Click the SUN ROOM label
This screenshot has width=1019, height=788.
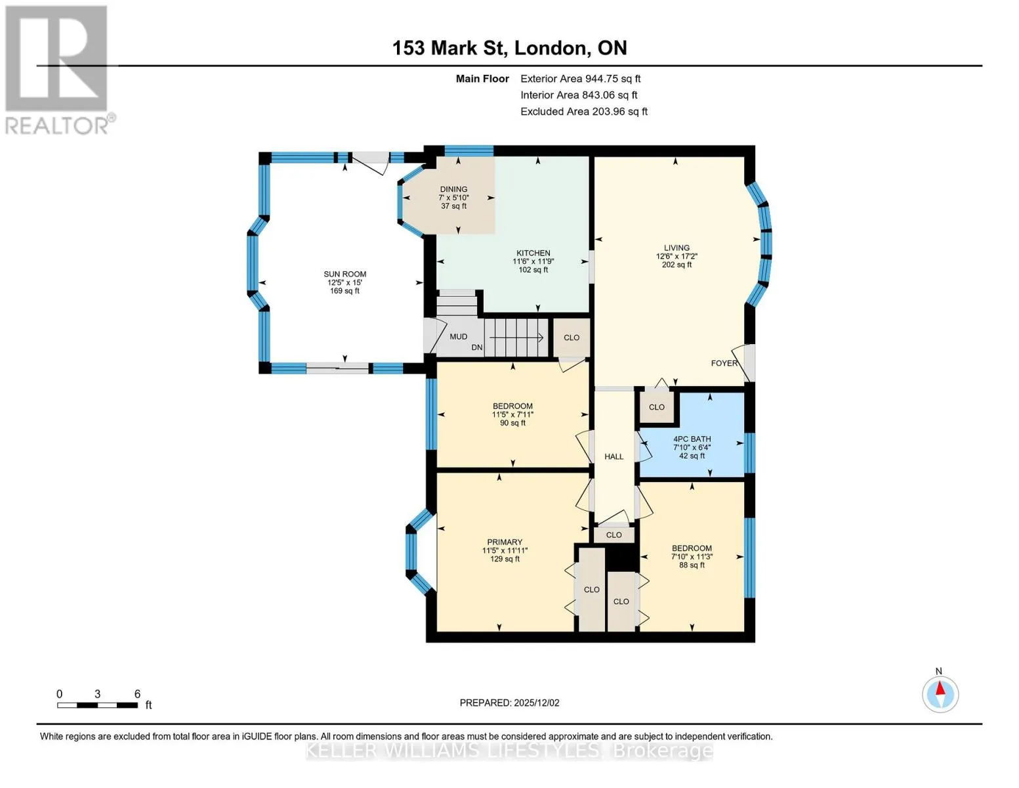pos(344,274)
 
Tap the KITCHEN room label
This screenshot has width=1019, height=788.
pos(533,253)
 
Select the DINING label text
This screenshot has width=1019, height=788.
pos(453,189)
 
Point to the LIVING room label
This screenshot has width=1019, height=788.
pos(676,248)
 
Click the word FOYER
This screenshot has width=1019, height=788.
pos(724,363)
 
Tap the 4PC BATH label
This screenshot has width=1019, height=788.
pos(692,439)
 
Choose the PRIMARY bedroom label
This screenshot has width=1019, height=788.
pos(505,542)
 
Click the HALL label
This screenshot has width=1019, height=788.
pos(614,456)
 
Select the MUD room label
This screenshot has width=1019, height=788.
pos(458,336)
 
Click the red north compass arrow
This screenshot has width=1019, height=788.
pos(940,688)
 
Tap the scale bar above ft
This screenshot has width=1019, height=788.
pos(98,705)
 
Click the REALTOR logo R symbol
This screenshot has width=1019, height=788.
pos(56,58)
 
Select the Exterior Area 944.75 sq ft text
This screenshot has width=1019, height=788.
pos(581,79)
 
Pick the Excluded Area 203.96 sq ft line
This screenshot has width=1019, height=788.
pos(584,112)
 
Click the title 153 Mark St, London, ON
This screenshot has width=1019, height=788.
pos(509,48)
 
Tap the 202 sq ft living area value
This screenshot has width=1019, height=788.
pos(676,265)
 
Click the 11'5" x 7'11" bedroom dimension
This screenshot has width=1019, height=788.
pos(512,415)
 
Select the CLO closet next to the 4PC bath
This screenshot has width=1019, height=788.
pos(657,407)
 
